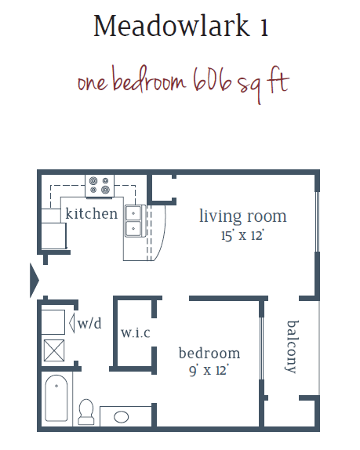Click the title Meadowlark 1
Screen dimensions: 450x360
[x=180, y=27]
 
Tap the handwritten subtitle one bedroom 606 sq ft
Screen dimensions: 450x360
[x=183, y=82]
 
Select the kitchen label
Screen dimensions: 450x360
[x=91, y=213]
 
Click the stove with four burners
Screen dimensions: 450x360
[x=100, y=185]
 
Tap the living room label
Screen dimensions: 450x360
[x=242, y=216]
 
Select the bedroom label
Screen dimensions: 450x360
[x=209, y=353]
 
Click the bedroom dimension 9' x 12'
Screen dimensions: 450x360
[x=209, y=370]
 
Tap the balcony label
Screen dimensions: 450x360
[x=292, y=345]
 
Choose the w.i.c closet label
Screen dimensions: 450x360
[x=135, y=332]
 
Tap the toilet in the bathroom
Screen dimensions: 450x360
[x=86, y=411]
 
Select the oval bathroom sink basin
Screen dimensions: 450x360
[x=122, y=416]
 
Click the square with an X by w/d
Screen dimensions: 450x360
[x=54, y=350]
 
